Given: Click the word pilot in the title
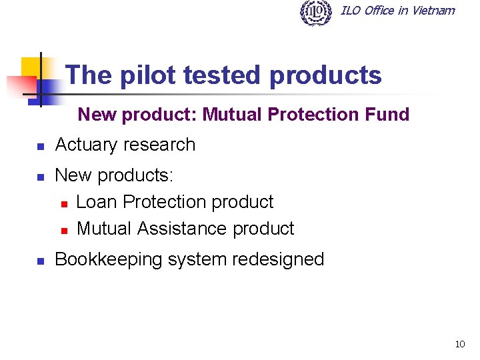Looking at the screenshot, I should [x=148, y=75].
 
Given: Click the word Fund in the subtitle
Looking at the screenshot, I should [x=387, y=115].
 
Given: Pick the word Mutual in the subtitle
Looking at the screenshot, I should [x=233, y=115].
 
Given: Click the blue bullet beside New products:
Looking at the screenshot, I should [x=40, y=177].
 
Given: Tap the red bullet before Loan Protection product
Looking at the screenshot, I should [x=64, y=203].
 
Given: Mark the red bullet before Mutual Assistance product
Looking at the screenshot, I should [x=64, y=230].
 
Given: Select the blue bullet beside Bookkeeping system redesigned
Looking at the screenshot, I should [x=40, y=261].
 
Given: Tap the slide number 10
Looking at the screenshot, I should [x=459, y=345].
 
